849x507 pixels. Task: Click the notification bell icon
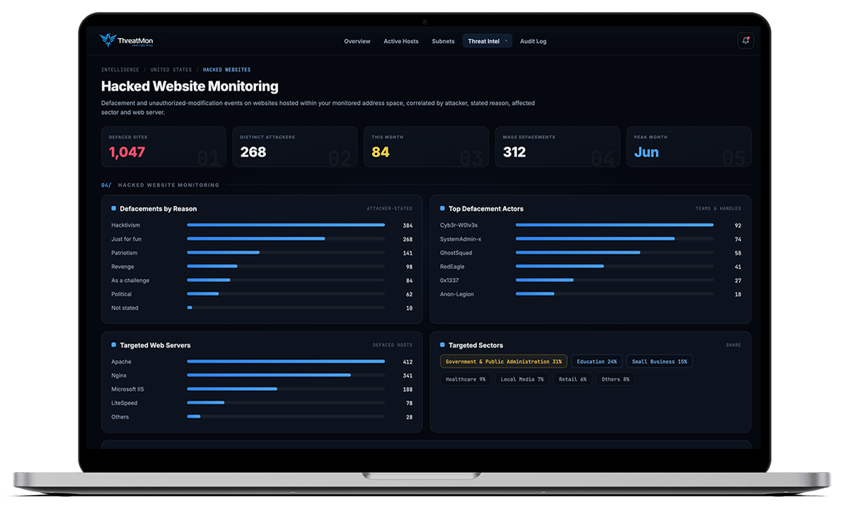pyautogui.click(x=746, y=40)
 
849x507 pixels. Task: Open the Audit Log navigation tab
pyautogui.click(x=533, y=41)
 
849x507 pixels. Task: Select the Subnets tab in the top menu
pyautogui.click(x=443, y=41)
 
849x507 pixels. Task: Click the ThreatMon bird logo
pyautogui.click(x=108, y=40)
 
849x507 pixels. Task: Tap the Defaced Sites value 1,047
pyautogui.click(x=127, y=152)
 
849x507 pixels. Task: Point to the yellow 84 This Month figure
pyautogui.click(x=381, y=152)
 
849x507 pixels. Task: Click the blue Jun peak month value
pyautogui.click(x=647, y=152)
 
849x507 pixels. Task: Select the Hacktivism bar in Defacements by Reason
pyautogui.click(x=286, y=225)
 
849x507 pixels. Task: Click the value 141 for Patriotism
pyautogui.click(x=408, y=253)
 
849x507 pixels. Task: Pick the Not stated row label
pyautogui.click(x=125, y=308)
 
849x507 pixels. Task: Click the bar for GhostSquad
pyautogui.click(x=578, y=253)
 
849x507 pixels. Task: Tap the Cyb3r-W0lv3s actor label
pyautogui.click(x=458, y=225)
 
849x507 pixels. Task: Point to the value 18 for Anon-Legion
pyautogui.click(x=738, y=295)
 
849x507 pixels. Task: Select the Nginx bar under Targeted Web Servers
pyautogui.click(x=269, y=375)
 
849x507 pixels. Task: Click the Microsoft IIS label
pyautogui.click(x=127, y=389)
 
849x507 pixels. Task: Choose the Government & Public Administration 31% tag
pyautogui.click(x=503, y=361)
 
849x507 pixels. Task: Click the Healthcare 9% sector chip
pyautogui.click(x=466, y=380)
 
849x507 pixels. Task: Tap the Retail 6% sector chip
pyautogui.click(x=572, y=380)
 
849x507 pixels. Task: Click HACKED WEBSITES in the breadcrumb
pyautogui.click(x=226, y=70)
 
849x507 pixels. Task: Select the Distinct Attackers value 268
pyautogui.click(x=253, y=152)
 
